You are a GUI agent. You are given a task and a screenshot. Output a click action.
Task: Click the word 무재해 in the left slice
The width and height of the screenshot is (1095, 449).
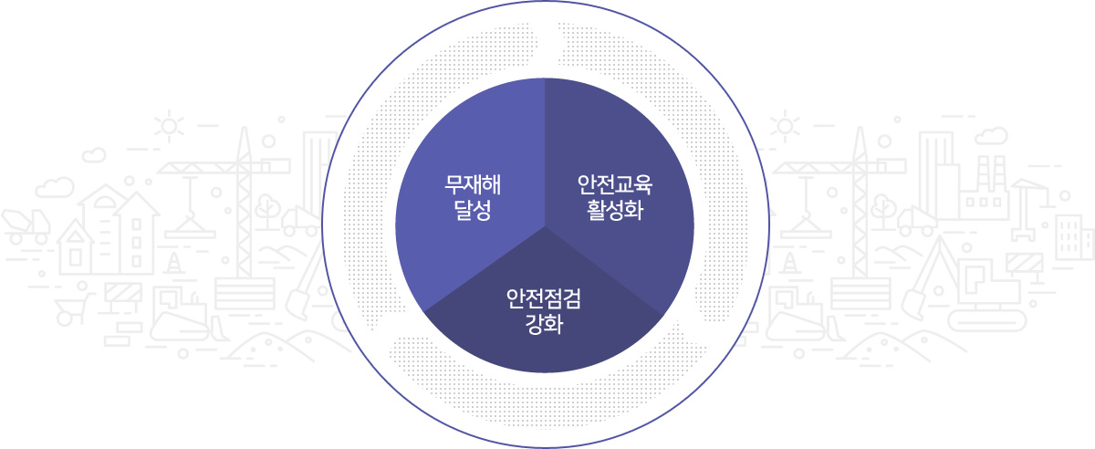[x=473, y=185]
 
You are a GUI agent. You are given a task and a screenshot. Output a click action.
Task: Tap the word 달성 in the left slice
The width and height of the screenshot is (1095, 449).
[x=473, y=210]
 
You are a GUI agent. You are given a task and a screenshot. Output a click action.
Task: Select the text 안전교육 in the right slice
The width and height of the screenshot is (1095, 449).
[x=615, y=185]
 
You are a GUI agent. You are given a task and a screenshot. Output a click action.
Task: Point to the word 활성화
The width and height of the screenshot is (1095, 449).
[x=615, y=210]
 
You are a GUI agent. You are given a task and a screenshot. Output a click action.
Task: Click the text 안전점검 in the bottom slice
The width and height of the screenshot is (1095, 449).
[x=544, y=298]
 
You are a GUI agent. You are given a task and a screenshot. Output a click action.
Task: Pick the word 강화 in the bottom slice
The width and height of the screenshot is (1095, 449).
[x=544, y=324]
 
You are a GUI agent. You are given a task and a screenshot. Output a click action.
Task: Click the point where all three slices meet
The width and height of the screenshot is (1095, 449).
[x=545, y=226]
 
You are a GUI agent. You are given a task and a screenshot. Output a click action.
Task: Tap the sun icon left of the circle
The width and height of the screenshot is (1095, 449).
[x=169, y=126]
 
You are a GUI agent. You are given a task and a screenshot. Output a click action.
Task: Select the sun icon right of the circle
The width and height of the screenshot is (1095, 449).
[x=785, y=126]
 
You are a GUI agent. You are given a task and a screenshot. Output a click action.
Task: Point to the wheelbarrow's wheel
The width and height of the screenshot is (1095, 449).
[x=65, y=318]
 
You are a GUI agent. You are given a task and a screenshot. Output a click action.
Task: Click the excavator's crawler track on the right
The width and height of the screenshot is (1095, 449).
[x=986, y=322]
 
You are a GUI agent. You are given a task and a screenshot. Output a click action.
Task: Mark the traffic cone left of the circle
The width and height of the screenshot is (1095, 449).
[x=173, y=263]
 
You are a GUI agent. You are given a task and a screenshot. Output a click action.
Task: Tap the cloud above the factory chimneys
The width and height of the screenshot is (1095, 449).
[x=991, y=135]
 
